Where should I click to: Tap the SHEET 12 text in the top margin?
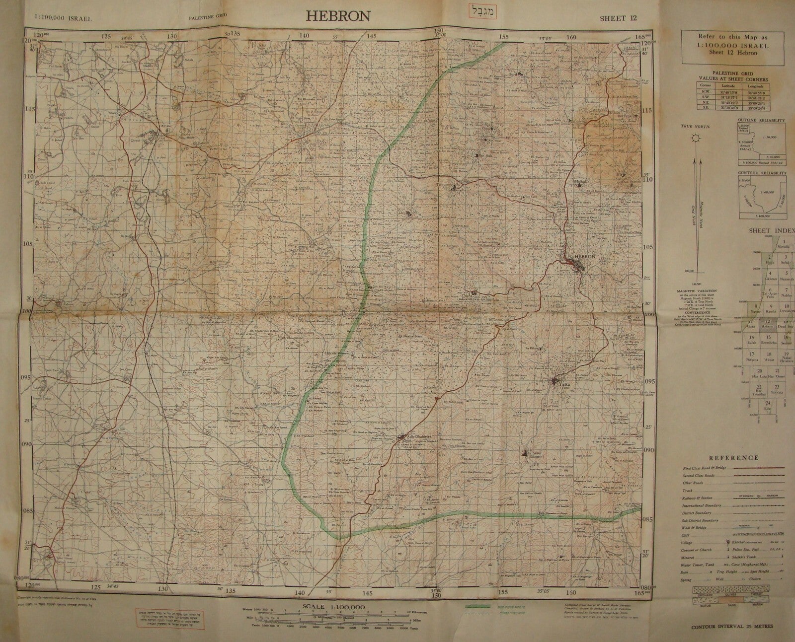click(x=618, y=18)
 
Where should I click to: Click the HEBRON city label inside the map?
click(x=585, y=257)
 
